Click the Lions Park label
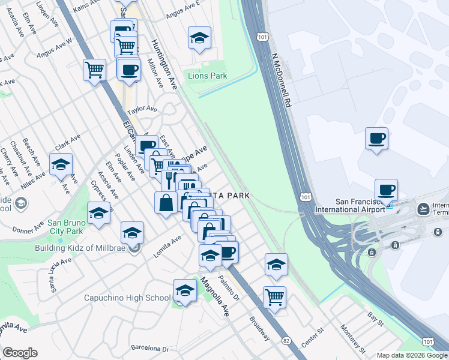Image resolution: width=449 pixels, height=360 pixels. click(x=208, y=76)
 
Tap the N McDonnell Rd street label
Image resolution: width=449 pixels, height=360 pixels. click(x=280, y=79)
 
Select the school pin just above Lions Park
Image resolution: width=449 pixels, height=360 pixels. click(x=199, y=38)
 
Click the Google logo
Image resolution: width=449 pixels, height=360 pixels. click(x=20, y=353)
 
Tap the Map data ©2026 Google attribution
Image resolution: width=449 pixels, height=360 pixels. click(x=411, y=355)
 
